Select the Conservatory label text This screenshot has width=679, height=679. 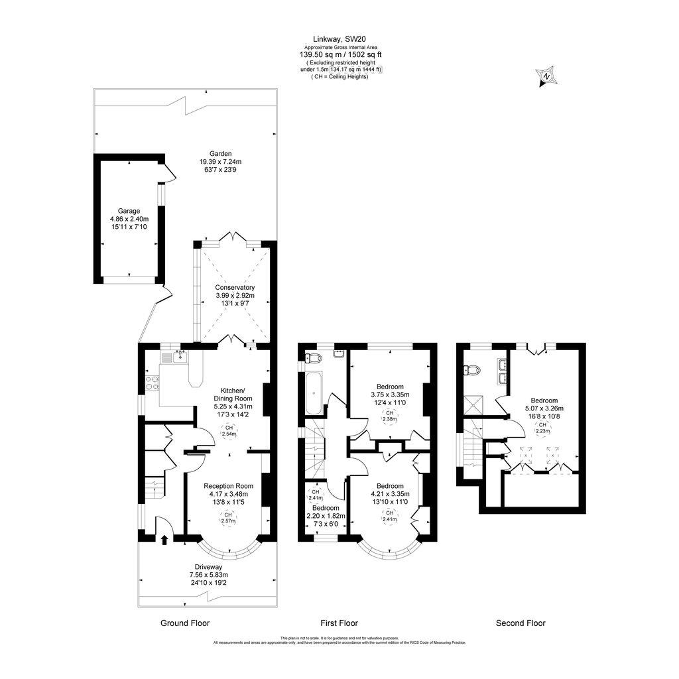click(x=235, y=287)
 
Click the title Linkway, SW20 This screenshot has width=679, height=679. click(x=339, y=39)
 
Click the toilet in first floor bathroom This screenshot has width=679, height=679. click(x=312, y=359)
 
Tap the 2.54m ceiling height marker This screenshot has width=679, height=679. click(x=229, y=431)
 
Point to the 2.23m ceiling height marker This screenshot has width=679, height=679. click(x=543, y=428)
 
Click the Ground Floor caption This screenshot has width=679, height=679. click(x=185, y=623)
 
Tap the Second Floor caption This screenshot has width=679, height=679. click(x=521, y=623)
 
